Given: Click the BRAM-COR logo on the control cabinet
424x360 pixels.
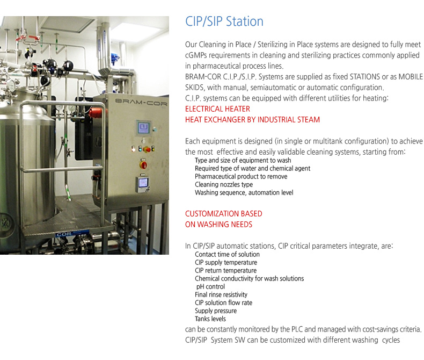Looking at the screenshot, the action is (141, 102).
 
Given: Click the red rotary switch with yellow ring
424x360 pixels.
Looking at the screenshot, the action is (143, 164).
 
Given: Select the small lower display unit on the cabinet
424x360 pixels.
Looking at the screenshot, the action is (142, 184).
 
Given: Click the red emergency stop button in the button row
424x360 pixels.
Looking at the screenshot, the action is (147, 149).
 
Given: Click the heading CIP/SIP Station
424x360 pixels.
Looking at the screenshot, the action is (224, 21).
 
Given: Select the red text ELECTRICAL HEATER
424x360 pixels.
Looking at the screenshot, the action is (217, 109).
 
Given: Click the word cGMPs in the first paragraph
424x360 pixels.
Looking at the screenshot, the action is (196, 55).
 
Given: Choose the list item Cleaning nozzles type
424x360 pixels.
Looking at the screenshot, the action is (224, 185).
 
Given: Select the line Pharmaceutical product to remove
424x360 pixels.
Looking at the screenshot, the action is (241, 176).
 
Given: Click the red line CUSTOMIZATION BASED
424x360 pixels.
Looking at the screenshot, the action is (224, 213).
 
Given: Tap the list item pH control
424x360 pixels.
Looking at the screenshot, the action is (210, 286).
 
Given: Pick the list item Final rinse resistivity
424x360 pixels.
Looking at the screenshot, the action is (221, 294).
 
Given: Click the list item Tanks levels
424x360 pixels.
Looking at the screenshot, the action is (210, 319).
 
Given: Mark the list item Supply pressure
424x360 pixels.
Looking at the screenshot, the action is (216, 311).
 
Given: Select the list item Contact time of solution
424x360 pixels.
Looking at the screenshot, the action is (227, 255).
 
